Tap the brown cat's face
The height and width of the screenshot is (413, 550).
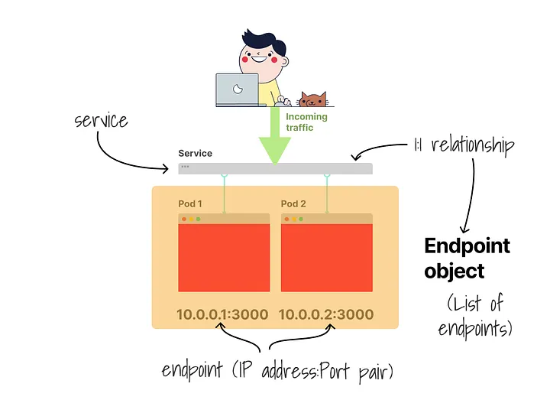pyautogui.click(x=312, y=99)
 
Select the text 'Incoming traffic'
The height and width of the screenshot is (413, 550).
pyautogui.click(x=306, y=122)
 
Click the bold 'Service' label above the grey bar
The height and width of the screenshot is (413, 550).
pyautogui.click(x=195, y=154)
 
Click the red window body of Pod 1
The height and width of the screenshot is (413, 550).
pyautogui.click(x=224, y=258)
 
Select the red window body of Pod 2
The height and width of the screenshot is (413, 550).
pyautogui.click(x=327, y=258)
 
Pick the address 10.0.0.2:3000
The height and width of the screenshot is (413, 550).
pyautogui.click(x=326, y=314)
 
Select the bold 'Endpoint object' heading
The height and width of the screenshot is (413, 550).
pyautogui.click(x=467, y=258)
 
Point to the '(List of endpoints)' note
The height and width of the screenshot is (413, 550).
pyautogui.click(x=475, y=316)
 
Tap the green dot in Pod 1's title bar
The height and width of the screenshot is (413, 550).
pyautogui.click(x=199, y=220)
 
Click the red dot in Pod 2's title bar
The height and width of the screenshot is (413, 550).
pyautogui.click(x=286, y=220)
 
